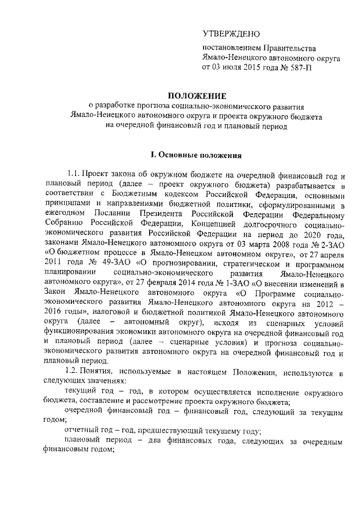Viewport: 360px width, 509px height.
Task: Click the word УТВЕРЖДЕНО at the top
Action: click(232, 35)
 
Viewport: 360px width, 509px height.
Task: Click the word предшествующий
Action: click(146, 432)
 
